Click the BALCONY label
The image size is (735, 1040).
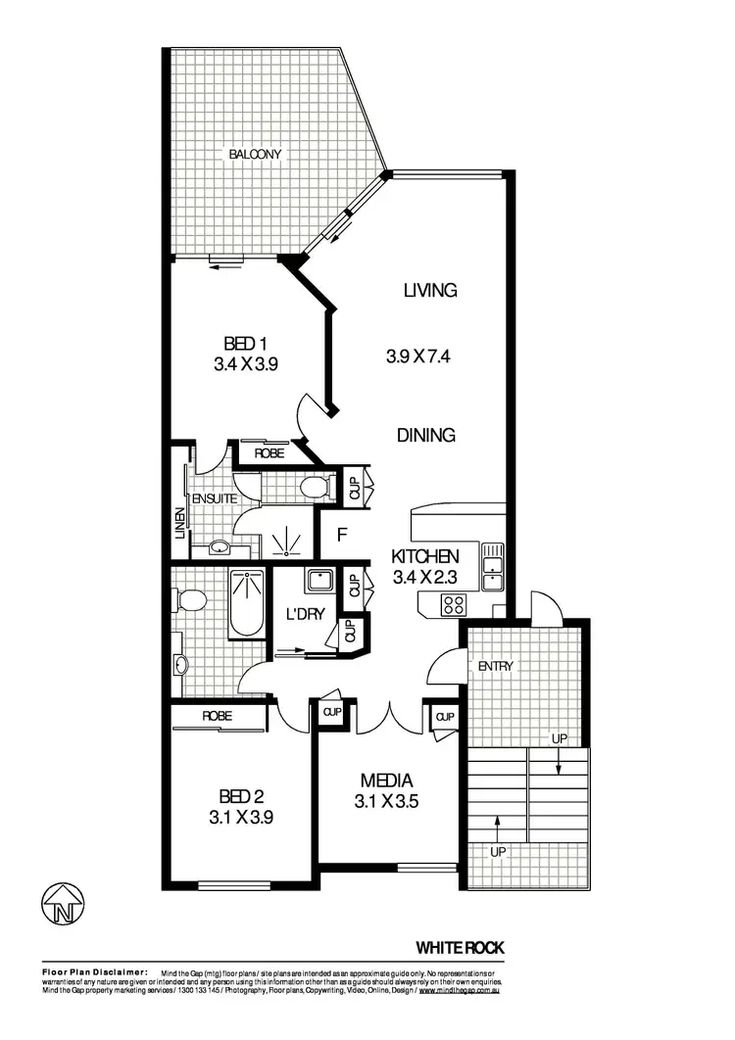256,154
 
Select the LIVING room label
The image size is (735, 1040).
430,290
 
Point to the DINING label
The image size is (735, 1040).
425,436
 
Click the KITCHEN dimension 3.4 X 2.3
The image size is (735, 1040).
426,577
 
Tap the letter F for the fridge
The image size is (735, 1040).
342,535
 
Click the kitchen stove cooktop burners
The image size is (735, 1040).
453,604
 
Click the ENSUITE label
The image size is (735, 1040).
212,498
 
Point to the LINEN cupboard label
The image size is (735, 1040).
179,525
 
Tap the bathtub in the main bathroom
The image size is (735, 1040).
245,603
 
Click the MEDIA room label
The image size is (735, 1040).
386,780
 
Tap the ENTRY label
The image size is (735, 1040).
495,667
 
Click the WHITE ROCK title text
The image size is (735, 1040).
461,947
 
